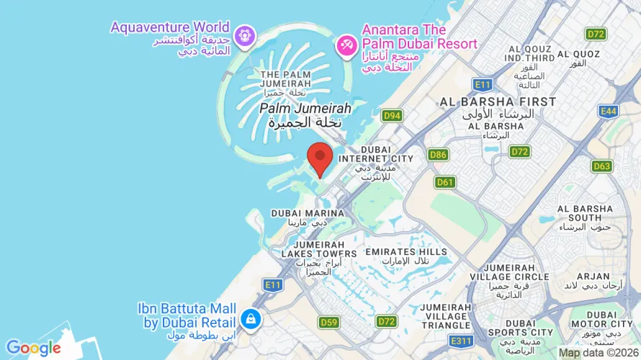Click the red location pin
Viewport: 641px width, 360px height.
point(320,158)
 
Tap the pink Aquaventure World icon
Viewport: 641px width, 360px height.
point(245,35)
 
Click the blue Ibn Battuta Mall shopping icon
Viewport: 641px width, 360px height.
point(251,318)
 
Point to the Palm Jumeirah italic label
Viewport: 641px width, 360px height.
point(305,108)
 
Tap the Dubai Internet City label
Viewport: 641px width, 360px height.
point(376,158)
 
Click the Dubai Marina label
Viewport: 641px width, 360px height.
point(300,214)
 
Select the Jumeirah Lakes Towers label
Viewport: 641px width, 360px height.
point(314,253)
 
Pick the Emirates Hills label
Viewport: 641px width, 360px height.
point(406,252)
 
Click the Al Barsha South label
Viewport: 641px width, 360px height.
point(585,213)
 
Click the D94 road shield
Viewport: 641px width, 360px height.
point(392,115)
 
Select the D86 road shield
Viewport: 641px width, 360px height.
point(438,155)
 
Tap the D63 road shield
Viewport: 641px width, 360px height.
point(602,166)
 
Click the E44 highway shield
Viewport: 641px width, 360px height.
point(608,111)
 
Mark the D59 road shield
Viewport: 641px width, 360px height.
point(329,322)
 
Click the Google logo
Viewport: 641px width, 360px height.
point(34,348)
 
